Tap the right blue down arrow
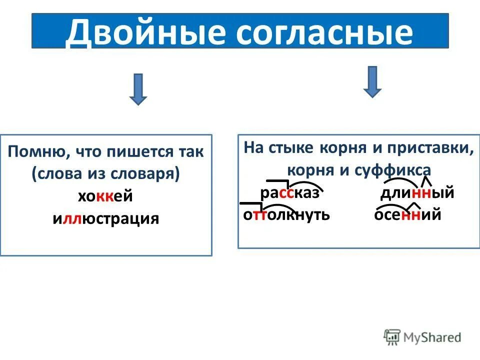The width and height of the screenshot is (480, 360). point(372,81)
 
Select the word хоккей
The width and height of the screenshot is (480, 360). point(105,196)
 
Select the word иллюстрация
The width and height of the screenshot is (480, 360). point(105,218)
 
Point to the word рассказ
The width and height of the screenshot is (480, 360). point(289,193)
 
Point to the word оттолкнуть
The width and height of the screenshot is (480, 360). point(286,215)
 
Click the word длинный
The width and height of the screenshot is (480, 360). point(417,193)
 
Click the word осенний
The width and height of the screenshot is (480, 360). point(407,215)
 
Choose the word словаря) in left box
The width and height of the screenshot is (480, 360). point(153,174)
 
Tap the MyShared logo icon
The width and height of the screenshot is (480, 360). point(392,337)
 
